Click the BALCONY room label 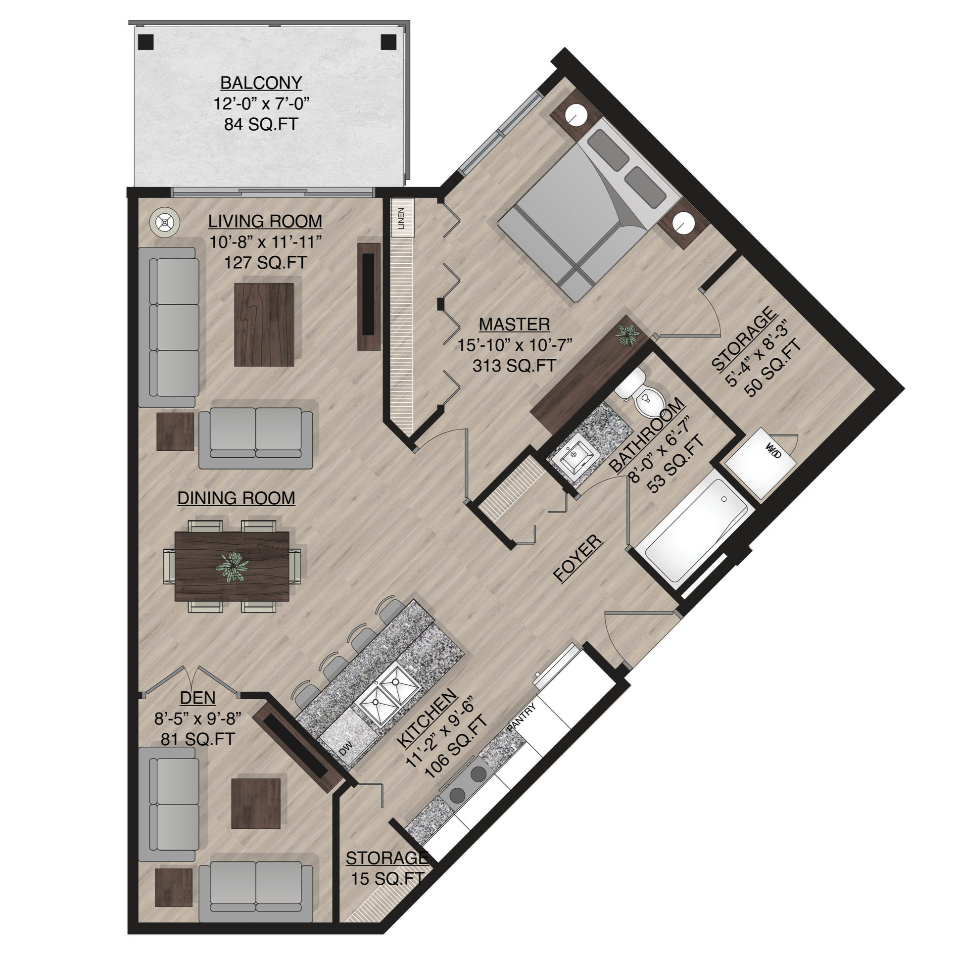[x=261, y=83]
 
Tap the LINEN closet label [x=401, y=218]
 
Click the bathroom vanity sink [x=575, y=457]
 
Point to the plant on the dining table [x=233, y=567]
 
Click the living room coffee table [x=265, y=324]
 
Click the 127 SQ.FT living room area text [x=266, y=262]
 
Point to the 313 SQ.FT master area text [x=515, y=366]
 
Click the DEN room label [x=198, y=698]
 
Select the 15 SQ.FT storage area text [x=387, y=878]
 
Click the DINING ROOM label [x=237, y=498]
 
